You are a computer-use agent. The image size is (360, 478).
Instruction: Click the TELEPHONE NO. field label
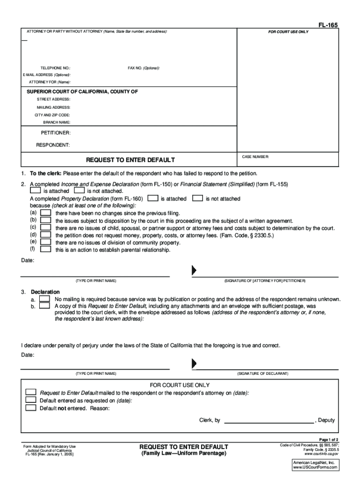55,68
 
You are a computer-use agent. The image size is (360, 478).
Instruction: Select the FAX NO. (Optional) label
144,68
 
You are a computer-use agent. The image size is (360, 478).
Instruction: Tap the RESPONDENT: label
53,145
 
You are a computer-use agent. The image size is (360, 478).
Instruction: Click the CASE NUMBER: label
255,157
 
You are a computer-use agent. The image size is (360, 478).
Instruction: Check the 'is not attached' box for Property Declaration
198,198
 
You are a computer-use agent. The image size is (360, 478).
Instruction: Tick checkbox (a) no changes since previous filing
46,213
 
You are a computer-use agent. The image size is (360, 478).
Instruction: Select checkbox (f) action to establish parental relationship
46,249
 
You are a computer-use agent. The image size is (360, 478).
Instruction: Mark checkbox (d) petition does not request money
46,235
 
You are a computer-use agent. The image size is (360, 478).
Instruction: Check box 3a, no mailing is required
44,298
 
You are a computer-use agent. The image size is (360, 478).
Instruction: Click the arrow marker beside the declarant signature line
194,364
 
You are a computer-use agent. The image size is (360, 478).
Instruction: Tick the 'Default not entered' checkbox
31,408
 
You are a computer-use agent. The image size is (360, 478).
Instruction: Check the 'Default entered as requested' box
31,400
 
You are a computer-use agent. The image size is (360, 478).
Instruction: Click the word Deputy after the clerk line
326,420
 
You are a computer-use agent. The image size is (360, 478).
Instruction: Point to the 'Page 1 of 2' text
329,440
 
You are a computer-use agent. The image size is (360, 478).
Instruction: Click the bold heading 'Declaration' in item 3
45,292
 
